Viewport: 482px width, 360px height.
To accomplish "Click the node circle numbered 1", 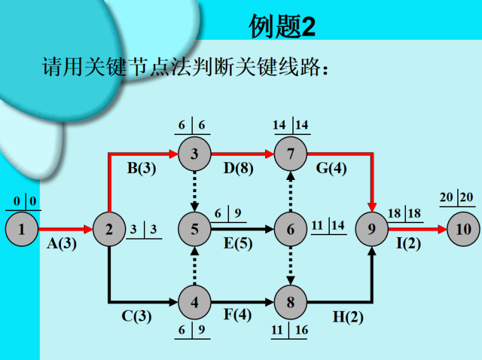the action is (22, 229).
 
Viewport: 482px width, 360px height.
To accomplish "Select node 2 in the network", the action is (109, 229).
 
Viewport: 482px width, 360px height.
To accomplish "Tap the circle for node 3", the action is (195, 154).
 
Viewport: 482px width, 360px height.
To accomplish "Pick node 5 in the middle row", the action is (195, 229).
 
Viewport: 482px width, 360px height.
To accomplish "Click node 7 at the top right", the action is (290, 154).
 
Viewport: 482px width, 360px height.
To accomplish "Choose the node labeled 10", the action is (464, 229).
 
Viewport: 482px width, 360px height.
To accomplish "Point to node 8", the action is (290, 302).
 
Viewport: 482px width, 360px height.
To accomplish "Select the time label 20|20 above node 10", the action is (456, 197).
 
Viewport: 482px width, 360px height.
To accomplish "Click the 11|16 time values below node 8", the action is (290, 330).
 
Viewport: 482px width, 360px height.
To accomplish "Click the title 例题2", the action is (282, 27).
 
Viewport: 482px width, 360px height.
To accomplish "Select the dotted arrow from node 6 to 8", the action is (290, 266).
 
